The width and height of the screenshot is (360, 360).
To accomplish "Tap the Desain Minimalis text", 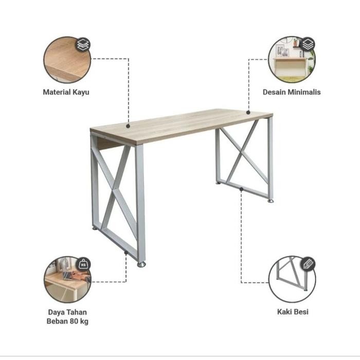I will tap(292, 92).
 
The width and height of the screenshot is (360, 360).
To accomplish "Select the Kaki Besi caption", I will tap(292, 312).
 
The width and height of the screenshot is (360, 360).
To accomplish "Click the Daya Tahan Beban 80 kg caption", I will tap(67, 317).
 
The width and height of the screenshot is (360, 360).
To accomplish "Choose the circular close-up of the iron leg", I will tap(292, 279).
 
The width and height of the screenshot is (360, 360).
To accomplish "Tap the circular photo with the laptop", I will tap(67, 280).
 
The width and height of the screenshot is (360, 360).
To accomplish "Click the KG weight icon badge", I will tap(83, 264).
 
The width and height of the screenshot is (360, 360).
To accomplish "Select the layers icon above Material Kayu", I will tap(83, 45).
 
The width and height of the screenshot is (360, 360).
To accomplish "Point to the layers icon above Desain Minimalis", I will tap(308, 44).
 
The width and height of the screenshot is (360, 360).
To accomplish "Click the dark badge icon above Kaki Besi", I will tap(308, 264).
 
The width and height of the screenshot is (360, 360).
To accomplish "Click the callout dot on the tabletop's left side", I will tap(128, 124).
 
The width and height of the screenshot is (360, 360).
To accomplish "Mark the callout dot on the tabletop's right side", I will tap(248, 112).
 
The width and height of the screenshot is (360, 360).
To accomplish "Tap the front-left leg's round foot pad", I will tap(141, 265).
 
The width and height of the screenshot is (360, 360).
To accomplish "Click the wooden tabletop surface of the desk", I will tap(180, 123).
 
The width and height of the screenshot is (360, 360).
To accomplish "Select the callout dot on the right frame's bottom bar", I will tap(241, 189).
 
